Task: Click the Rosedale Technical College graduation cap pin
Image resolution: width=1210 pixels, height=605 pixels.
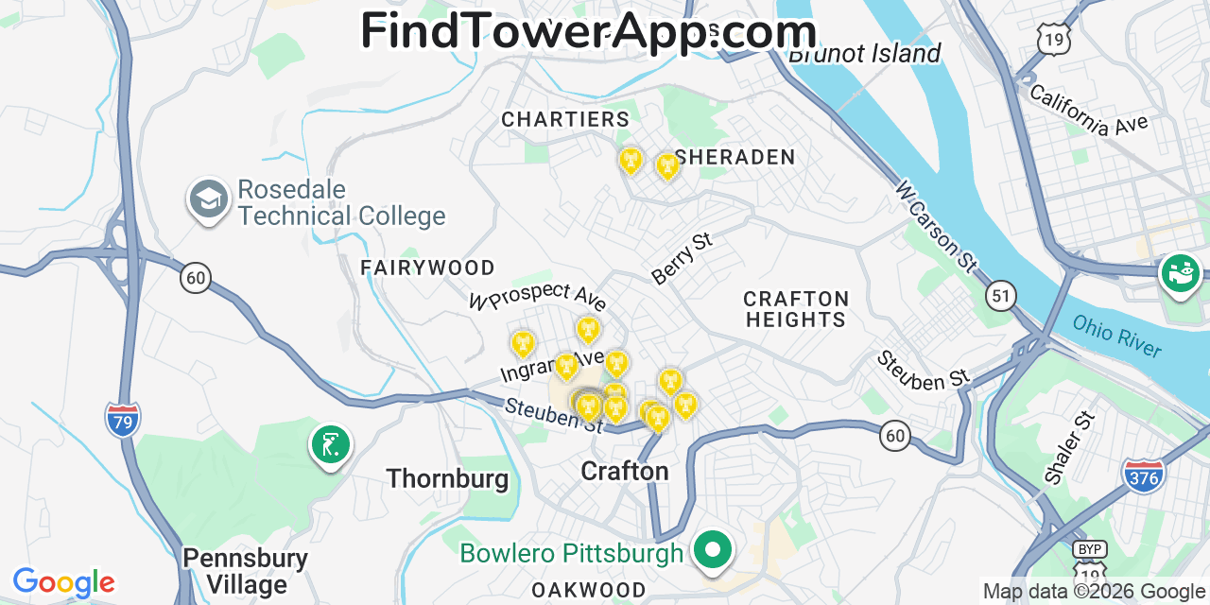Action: tap(208, 199)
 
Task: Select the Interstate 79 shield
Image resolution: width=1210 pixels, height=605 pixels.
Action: tap(123, 418)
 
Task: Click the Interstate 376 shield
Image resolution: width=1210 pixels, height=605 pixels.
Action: tap(1143, 475)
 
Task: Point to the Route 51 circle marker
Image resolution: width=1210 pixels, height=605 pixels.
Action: tap(1001, 296)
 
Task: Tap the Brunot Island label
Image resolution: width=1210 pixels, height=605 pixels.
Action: tap(864, 53)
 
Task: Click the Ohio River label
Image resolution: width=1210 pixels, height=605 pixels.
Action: tap(1116, 336)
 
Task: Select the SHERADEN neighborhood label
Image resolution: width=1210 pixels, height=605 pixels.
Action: tap(735, 157)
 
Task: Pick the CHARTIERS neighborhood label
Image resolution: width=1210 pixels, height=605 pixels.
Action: tap(564, 119)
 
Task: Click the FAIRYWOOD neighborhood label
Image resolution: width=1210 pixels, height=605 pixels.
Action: tap(427, 268)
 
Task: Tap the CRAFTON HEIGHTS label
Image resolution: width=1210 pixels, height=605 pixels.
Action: tap(796, 309)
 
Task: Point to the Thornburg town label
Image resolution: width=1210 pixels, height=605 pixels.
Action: tap(447, 478)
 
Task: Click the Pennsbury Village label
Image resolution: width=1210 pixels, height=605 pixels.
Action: tap(245, 571)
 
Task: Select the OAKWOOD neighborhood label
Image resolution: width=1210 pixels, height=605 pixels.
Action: tap(588, 590)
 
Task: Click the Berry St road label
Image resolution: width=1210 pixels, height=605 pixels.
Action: tap(682, 258)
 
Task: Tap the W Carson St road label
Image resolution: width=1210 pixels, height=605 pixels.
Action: tap(936, 227)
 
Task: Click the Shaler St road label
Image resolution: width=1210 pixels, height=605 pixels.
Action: tap(1069, 448)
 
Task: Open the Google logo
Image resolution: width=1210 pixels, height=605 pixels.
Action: tap(63, 582)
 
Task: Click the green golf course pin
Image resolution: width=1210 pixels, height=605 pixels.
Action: tap(330, 444)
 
